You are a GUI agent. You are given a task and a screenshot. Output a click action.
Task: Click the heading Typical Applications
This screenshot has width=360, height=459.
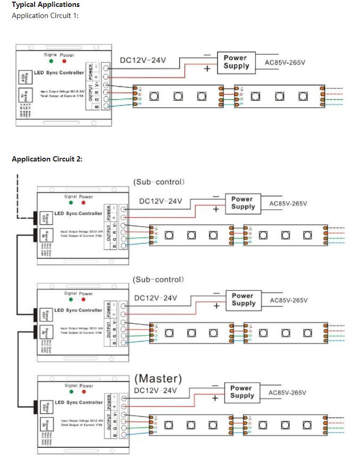tap(46, 5)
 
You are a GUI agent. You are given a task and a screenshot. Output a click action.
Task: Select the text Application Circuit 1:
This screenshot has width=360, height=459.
tap(45, 15)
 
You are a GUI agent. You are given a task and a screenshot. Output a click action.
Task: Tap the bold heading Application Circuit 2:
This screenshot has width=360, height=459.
tap(47, 159)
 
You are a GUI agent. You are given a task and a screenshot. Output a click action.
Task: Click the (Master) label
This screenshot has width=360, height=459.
tap(158, 379)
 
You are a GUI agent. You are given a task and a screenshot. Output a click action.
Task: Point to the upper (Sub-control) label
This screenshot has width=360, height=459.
tap(159, 182)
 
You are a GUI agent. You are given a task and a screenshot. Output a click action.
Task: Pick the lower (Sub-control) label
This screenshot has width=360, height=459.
tap(159, 279)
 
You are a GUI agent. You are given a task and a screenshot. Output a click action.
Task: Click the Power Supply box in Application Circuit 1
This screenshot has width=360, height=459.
tap(236, 62)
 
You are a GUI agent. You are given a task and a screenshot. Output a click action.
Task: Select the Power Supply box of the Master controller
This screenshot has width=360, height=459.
tap(242, 392)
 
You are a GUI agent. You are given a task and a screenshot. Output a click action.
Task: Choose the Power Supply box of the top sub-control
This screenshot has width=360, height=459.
tap(243, 202)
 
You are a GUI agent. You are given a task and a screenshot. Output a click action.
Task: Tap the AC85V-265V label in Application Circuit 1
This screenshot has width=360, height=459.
tap(285, 63)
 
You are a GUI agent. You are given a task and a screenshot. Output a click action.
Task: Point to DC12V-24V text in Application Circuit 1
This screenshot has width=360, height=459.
tap(143, 60)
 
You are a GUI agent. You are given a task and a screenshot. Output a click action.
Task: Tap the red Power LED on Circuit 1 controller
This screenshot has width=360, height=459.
tap(64, 61)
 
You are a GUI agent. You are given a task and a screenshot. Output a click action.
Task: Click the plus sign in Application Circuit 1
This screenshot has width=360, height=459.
tap(207, 69)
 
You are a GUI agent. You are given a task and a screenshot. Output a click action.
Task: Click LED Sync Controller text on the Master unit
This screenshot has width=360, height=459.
tap(79, 402)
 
